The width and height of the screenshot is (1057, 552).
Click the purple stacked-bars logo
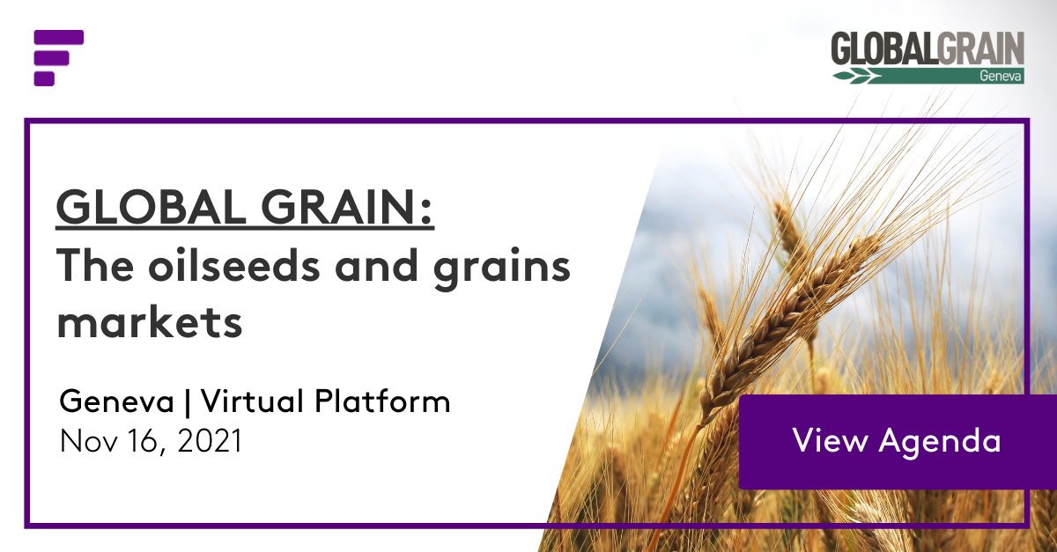[x=58, y=58]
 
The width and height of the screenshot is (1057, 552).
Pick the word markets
[x=150, y=322]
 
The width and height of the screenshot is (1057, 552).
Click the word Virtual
[x=254, y=402]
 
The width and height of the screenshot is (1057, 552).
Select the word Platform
[x=383, y=402]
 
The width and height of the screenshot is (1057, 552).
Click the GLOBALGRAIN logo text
[x=927, y=49]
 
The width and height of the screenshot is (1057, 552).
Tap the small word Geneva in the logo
[x=1000, y=77]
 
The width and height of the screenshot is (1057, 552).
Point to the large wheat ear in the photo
[x=793, y=317]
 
